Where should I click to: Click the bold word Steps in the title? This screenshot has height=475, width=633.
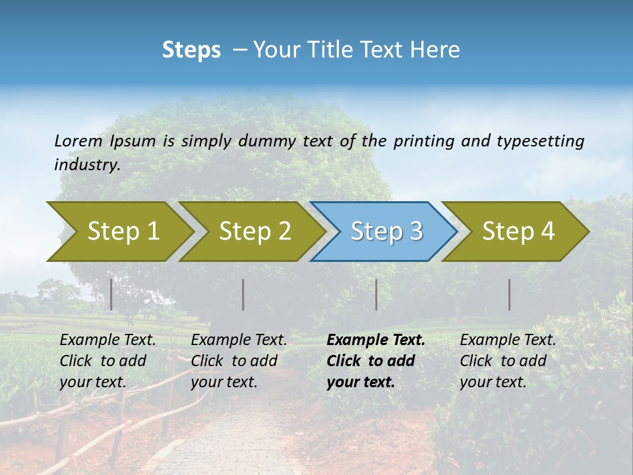(191, 50)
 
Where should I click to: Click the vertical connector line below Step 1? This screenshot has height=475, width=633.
(111, 294)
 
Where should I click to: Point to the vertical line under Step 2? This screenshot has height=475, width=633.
(243, 294)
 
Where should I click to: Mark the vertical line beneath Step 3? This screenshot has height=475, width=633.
(377, 294)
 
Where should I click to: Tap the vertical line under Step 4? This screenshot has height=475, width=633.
(510, 294)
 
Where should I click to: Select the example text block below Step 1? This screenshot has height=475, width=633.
(107, 361)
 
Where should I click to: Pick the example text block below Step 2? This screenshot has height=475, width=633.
(239, 361)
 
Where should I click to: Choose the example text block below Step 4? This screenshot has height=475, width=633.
(508, 361)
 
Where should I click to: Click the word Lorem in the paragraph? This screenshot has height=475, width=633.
(78, 141)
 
